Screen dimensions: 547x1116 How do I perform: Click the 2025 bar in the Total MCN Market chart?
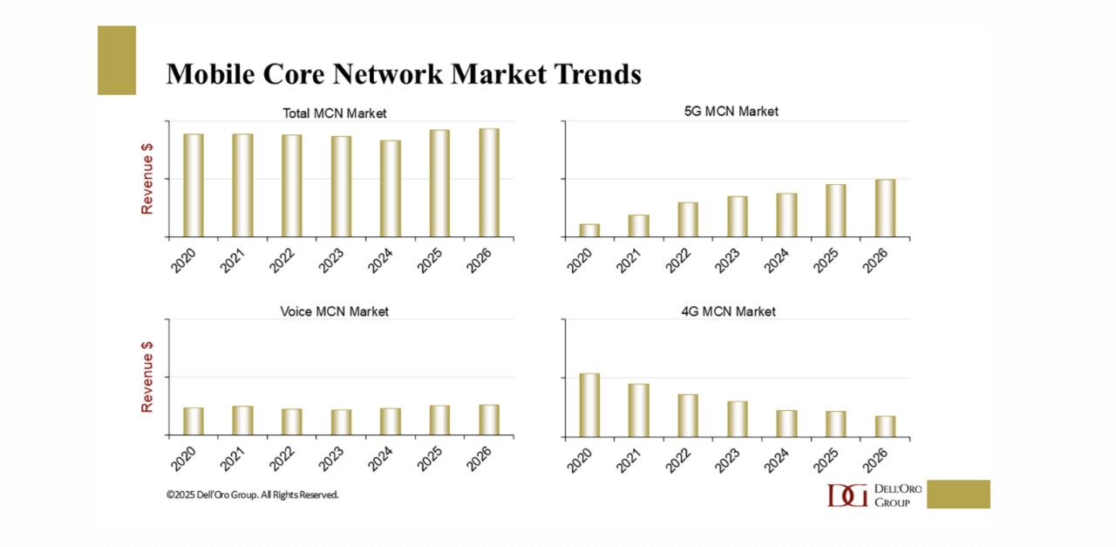pyautogui.click(x=439, y=183)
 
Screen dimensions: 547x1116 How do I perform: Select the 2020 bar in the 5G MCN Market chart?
pyautogui.click(x=589, y=230)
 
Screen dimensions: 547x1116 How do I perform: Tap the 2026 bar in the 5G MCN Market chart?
pyautogui.click(x=885, y=208)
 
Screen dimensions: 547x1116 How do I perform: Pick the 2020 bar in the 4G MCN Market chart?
pyautogui.click(x=589, y=405)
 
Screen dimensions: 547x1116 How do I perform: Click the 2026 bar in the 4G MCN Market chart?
pyautogui.click(x=885, y=426)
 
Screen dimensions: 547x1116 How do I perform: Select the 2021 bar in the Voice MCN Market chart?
pyautogui.click(x=242, y=421)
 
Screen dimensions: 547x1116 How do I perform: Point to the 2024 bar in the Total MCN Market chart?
pyautogui.click(x=391, y=188)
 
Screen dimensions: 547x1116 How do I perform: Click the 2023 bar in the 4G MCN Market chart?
pyautogui.click(x=738, y=419)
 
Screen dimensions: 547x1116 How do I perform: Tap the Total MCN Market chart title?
pyautogui.click(x=335, y=113)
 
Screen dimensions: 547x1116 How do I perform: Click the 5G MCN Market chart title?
pyautogui.click(x=732, y=111)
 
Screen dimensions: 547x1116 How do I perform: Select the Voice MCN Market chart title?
pyautogui.click(x=335, y=311)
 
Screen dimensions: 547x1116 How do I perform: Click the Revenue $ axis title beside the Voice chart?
pyautogui.click(x=147, y=376)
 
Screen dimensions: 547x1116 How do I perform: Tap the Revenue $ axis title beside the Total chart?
pyautogui.click(x=147, y=179)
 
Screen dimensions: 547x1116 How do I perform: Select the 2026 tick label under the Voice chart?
pyautogui.click(x=481, y=459)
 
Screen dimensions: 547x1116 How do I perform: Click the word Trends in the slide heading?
pyautogui.click(x=594, y=74)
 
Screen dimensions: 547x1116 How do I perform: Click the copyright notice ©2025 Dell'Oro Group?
pyautogui.click(x=253, y=495)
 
